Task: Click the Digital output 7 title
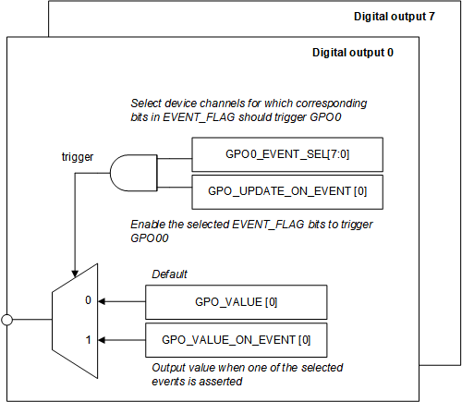394,18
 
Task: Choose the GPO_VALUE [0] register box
237,301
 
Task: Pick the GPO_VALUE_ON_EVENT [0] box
237,340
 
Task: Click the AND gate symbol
132,172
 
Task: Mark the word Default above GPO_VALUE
169,274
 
